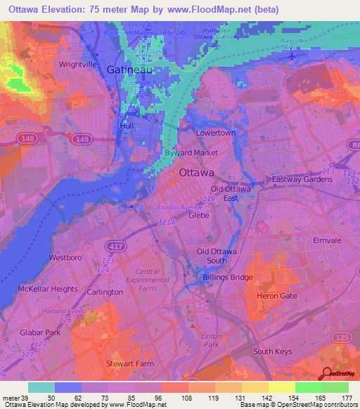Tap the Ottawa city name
(196, 172)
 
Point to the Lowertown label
(214, 133)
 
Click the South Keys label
(272, 351)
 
